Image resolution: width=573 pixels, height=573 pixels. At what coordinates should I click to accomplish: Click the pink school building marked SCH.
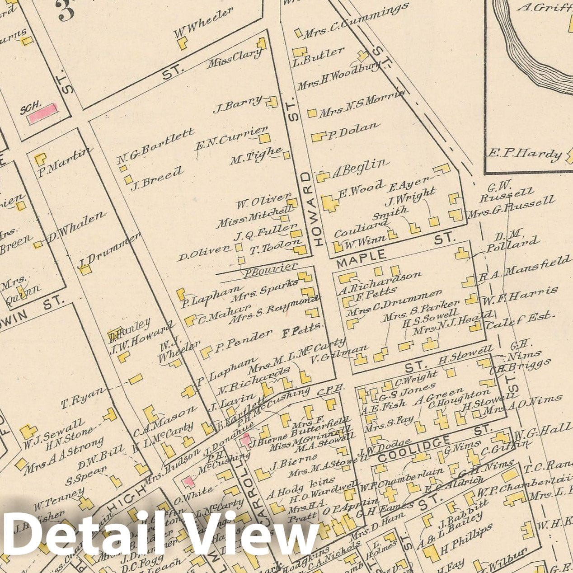pyautogui.click(x=42, y=113)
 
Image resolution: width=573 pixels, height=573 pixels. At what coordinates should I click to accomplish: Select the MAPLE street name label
pyautogui.click(x=362, y=258)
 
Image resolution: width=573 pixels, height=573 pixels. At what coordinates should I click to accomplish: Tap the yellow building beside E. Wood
pyautogui.click(x=330, y=203)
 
